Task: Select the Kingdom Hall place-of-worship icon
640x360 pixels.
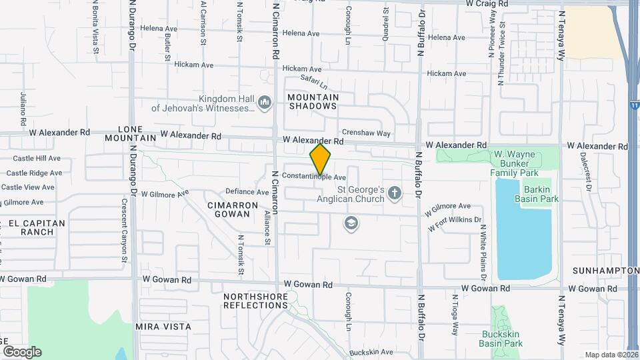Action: click(265, 103)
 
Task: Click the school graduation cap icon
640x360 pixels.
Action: click(350, 224)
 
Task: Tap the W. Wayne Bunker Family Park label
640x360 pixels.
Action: click(514, 163)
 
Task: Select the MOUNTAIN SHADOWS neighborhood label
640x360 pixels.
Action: click(313, 102)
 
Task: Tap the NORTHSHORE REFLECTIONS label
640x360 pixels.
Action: click(255, 301)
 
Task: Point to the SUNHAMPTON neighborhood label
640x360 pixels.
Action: click(605, 271)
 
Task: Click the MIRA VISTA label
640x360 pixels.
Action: click(163, 327)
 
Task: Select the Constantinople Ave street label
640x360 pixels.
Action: click(313, 177)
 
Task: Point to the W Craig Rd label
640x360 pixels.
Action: click(487, 4)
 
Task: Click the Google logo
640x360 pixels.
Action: click(22, 352)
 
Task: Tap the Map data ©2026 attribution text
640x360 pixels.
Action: click(611, 355)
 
